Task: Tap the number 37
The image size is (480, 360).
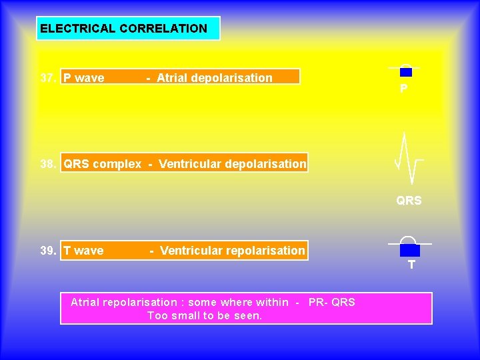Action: click(48, 78)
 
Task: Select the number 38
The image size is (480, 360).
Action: click(48, 164)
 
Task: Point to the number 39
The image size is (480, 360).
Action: click(48, 251)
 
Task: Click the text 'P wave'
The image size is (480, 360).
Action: click(83, 78)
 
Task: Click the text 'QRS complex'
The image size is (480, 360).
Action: click(102, 164)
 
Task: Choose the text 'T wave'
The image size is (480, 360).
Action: click(83, 251)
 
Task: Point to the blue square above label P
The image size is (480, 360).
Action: click(406, 72)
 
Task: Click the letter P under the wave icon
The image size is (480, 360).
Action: click(404, 89)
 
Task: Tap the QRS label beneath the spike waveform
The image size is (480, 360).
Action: click(409, 201)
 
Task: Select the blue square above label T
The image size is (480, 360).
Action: click(410, 251)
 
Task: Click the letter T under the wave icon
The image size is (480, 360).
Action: click(411, 265)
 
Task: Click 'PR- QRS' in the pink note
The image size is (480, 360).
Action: click(332, 303)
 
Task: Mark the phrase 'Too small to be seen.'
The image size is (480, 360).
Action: click(205, 315)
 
